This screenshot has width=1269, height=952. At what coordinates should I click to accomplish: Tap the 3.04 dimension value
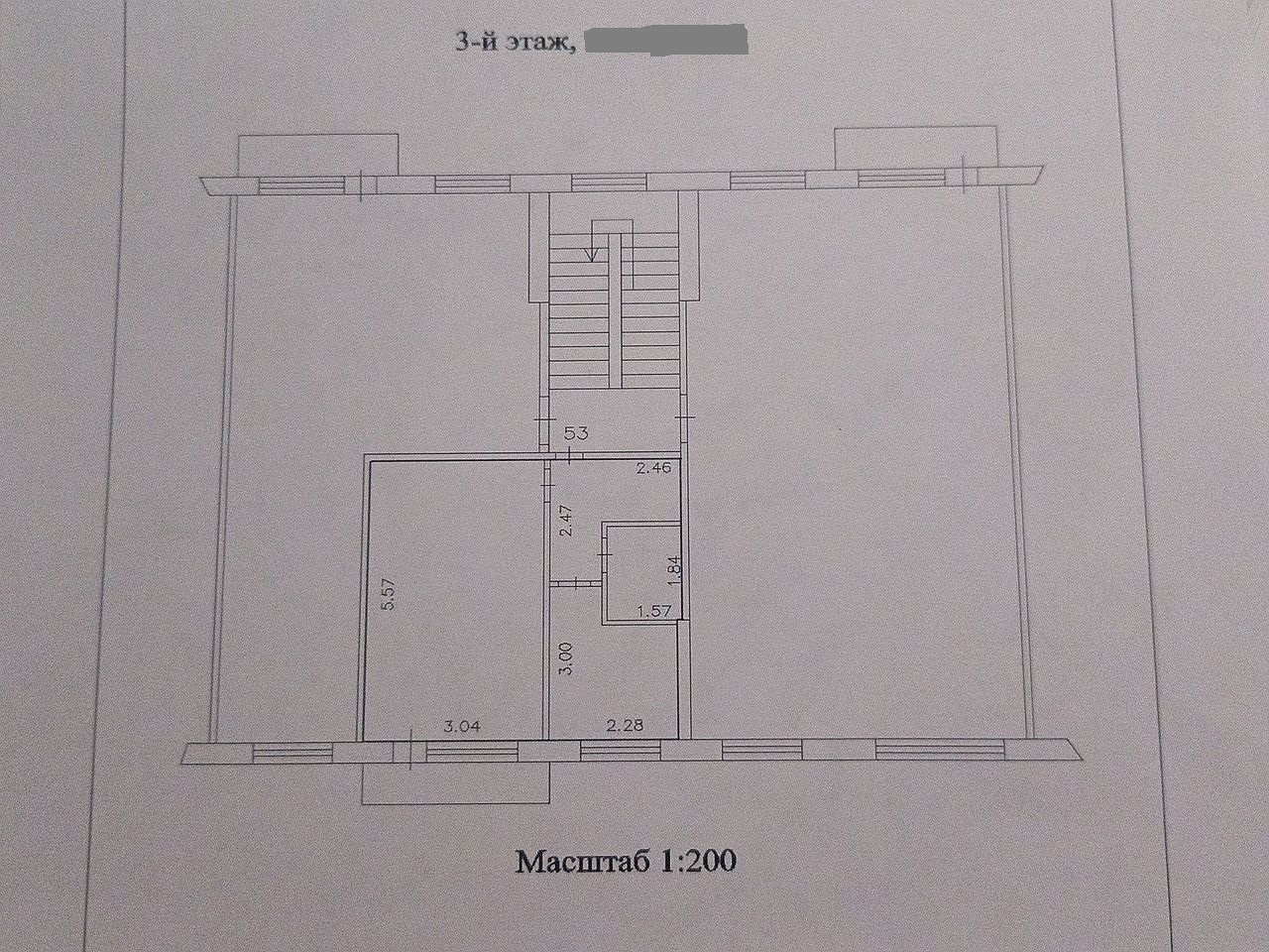[463, 727]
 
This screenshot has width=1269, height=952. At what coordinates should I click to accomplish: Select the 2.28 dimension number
[625, 724]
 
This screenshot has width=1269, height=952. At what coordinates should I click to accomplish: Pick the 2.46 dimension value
[653, 468]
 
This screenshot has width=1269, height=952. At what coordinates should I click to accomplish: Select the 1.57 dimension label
[654, 612]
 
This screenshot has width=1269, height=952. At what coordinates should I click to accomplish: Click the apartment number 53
[575, 432]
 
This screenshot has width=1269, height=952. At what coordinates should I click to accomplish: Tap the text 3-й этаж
[518, 44]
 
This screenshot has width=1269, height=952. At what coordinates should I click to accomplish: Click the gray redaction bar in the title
[665, 41]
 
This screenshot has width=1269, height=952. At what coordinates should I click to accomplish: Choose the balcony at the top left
[317, 155]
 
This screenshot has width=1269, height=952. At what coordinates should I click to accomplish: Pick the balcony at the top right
[915, 147]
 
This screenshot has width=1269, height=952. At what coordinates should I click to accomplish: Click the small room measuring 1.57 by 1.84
[641, 573]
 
